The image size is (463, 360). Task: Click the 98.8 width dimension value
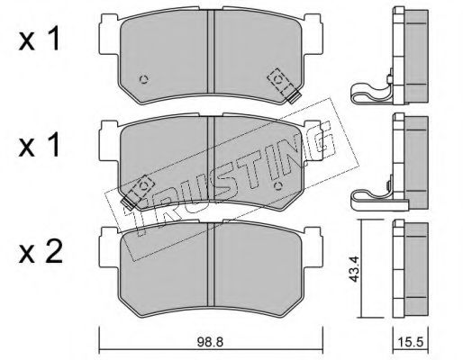210,342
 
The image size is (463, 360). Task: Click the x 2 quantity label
41,253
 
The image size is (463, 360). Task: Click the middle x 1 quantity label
39,146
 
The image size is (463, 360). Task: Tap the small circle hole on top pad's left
144,79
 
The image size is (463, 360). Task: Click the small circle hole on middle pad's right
278,186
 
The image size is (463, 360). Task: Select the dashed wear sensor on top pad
284,85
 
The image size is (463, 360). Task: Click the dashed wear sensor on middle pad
138,192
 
